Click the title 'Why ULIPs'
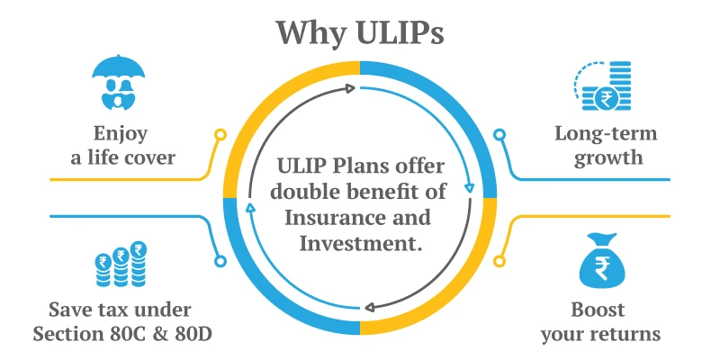pyautogui.click(x=359, y=31)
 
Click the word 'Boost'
pyautogui.click(x=598, y=311)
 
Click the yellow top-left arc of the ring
pyautogui.click(x=261, y=99)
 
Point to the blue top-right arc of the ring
pyautogui.click(x=459, y=99)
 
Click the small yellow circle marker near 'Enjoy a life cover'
pyautogui.click(x=220, y=135)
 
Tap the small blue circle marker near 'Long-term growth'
pyautogui.click(x=500, y=135)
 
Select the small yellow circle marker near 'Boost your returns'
pyautogui.click(x=500, y=261)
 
